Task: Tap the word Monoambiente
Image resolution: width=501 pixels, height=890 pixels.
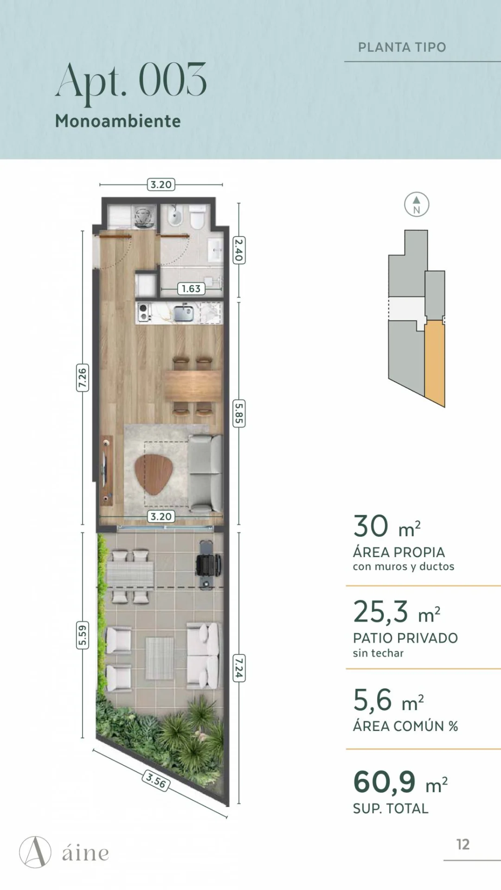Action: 118,121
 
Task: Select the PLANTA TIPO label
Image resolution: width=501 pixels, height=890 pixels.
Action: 402,47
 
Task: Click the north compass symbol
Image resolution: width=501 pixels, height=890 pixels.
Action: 417,204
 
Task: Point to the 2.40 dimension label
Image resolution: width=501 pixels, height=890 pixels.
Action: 239,250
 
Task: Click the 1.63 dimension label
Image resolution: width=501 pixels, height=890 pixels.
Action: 191,289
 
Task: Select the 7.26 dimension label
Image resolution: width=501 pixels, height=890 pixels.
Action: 82,377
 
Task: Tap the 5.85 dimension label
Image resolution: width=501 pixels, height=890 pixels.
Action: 239,413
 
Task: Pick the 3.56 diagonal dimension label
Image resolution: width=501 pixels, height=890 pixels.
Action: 156,781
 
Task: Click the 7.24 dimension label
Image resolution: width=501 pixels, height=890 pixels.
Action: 239,668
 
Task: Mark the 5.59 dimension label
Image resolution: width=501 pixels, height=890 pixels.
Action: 82,635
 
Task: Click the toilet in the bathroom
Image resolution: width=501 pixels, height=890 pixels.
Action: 197,217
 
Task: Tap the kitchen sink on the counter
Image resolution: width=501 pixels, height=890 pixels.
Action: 184,313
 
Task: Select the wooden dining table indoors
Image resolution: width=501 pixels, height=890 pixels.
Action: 193,386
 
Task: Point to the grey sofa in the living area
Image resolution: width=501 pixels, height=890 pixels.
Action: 205,473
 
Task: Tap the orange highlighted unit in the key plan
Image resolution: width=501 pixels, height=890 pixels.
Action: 435,362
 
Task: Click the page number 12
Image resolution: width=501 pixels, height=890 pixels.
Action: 463,845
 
